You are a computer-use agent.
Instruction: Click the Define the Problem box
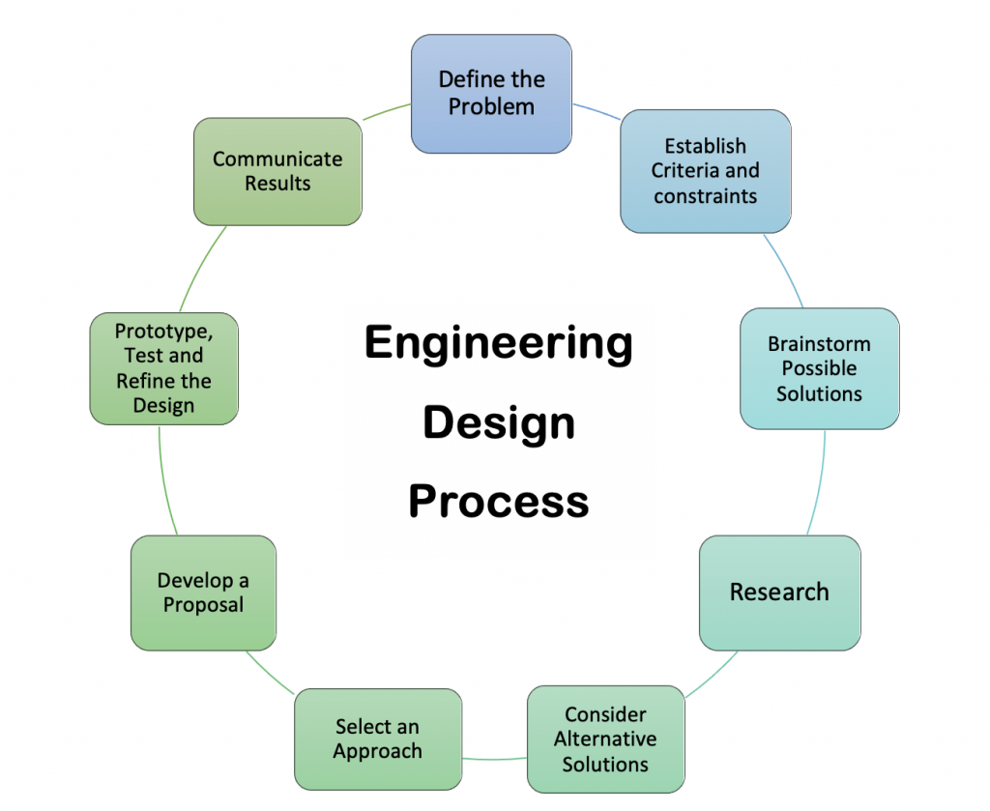(491, 94)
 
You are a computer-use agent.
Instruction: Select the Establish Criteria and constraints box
(705, 171)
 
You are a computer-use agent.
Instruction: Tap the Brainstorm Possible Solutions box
(819, 368)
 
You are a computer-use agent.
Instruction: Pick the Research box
(779, 592)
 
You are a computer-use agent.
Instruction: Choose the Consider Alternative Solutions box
(605, 739)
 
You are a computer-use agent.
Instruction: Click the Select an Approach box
(377, 739)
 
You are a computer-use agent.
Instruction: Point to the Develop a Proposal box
(203, 593)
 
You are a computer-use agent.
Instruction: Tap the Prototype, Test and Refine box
(163, 368)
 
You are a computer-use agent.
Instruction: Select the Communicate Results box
(277, 171)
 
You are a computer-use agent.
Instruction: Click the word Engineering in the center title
(498, 343)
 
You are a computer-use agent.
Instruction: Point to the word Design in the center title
(498, 422)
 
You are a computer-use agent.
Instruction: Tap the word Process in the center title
(498, 502)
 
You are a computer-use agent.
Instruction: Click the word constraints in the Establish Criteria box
(705, 196)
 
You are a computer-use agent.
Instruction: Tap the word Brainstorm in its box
(819, 344)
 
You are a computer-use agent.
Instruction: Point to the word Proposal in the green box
(203, 605)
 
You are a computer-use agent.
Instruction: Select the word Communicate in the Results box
(277, 159)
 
